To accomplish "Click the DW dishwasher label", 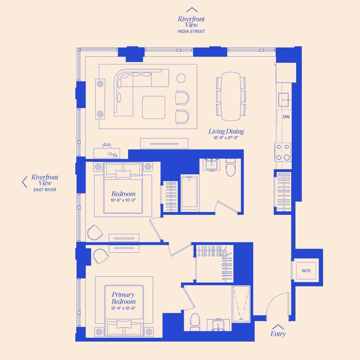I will (286, 117).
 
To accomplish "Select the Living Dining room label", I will (226, 131).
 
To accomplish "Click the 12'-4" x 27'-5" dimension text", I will (226, 138).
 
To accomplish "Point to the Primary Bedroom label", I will (123, 298).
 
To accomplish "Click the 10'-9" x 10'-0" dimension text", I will (123, 200).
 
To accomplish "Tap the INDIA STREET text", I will (191, 32).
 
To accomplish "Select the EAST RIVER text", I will (45, 190).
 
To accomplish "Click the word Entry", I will (278, 334).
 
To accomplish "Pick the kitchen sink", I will (284, 98).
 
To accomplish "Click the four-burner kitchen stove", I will (283, 152).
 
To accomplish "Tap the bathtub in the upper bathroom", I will (189, 193).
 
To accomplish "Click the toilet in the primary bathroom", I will (195, 321).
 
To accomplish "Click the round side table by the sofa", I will (181, 78).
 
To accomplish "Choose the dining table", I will (230, 96).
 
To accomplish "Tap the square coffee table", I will (154, 107).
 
